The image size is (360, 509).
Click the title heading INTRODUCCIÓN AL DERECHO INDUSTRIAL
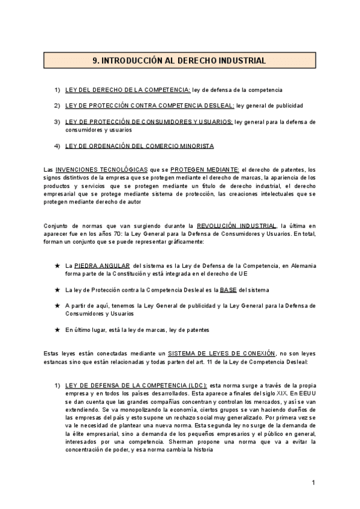click(x=180, y=61)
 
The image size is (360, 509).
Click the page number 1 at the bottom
click(x=313, y=483)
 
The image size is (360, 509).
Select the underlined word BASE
click(x=229, y=289)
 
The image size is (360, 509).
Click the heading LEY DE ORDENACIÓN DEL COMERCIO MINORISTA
click(x=139, y=146)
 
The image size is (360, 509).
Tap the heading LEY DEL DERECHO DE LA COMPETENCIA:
click(x=127, y=90)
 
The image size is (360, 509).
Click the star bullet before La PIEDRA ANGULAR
click(x=56, y=265)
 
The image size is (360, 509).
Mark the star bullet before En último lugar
click(x=56, y=330)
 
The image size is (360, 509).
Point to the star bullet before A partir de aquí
click(x=56, y=306)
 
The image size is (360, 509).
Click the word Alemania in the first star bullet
click(x=302, y=265)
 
